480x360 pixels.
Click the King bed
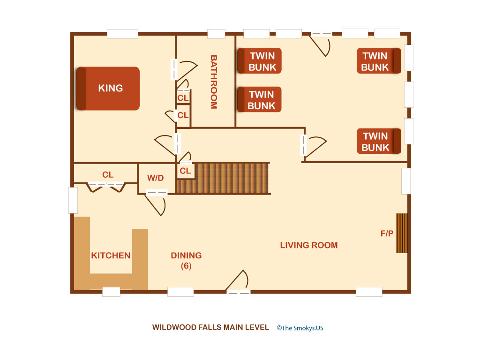(x=108, y=89)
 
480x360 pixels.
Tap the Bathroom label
(x=214, y=82)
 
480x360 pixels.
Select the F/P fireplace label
(x=387, y=233)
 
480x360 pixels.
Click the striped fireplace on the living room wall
(x=402, y=233)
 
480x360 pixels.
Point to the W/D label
(x=156, y=178)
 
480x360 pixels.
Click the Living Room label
(x=309, y=245)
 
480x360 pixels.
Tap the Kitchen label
(x=111, y=255)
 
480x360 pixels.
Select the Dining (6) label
(x=186, y=261)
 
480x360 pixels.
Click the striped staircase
(x=223, y=178)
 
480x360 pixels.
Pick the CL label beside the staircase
(x=185, y=171)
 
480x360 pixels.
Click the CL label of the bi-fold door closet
(x=108, y=175)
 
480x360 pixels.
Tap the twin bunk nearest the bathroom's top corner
(x=259, y=61)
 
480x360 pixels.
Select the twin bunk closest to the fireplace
(x=379, y=141)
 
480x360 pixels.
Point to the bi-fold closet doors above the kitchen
(x=106, y=187)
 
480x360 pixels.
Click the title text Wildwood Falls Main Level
(x=210, y=328)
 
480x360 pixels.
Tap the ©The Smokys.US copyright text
(x=300, y=328)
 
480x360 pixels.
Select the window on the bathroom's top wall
(x=217, y=34)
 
